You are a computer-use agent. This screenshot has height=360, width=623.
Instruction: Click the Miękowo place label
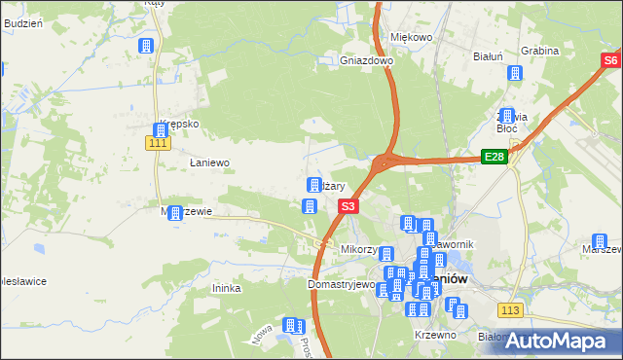point(411,37)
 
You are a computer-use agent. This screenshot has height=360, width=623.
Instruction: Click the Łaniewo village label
point(208,162)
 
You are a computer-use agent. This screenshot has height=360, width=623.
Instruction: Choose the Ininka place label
point(226,288)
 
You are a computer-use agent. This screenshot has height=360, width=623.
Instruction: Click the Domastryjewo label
point(341,285)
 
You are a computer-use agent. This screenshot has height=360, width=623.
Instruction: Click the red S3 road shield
point(349,206)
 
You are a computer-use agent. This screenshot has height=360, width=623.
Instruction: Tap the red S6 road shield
point(609,60)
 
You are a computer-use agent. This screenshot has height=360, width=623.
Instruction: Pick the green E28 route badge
point(495,157)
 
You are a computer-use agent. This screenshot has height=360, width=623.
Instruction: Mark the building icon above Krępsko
point(162,130)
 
